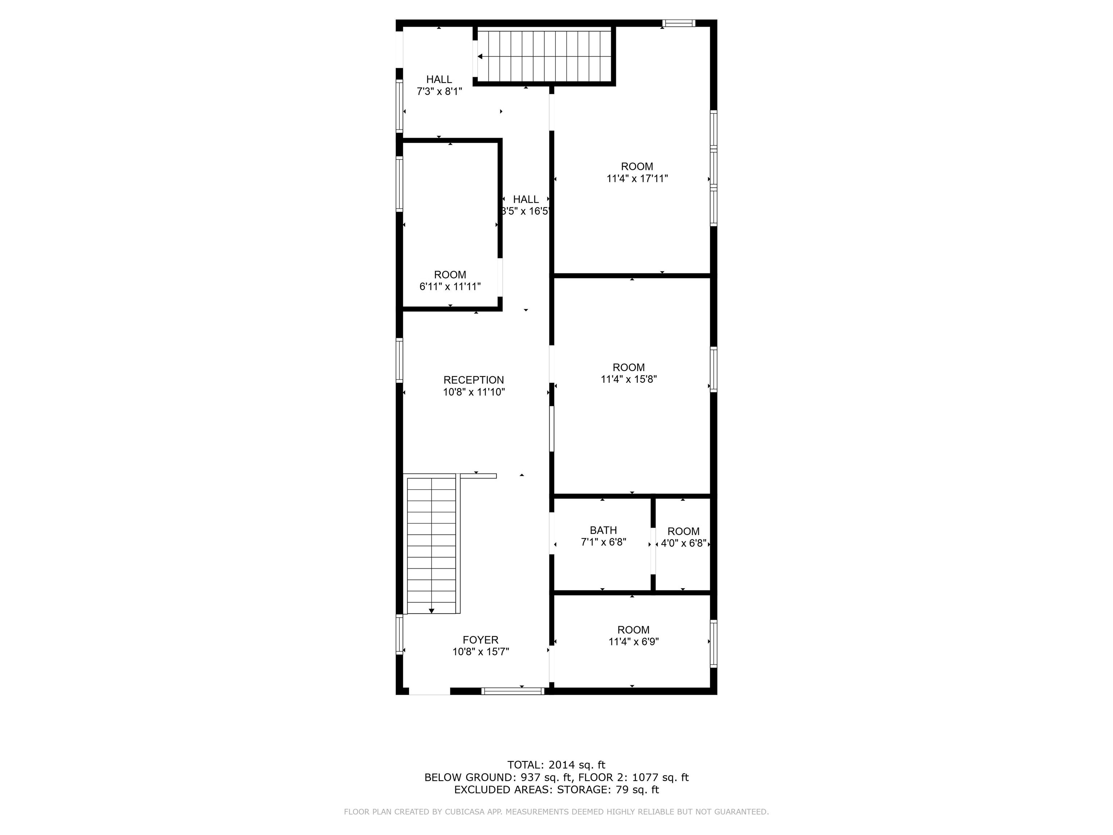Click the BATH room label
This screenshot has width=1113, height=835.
603,530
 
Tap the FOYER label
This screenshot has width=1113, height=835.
480,640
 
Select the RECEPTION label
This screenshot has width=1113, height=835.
474,380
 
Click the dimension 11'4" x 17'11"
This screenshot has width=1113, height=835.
637,179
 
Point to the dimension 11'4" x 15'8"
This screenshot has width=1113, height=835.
629,379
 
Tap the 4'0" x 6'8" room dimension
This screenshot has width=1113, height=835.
683,544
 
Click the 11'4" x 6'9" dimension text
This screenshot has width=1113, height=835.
633,642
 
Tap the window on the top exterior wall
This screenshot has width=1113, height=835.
678,22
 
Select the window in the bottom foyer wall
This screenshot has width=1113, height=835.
513,691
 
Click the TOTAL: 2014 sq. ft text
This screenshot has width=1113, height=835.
556,765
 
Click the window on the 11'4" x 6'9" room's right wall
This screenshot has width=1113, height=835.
713,643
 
